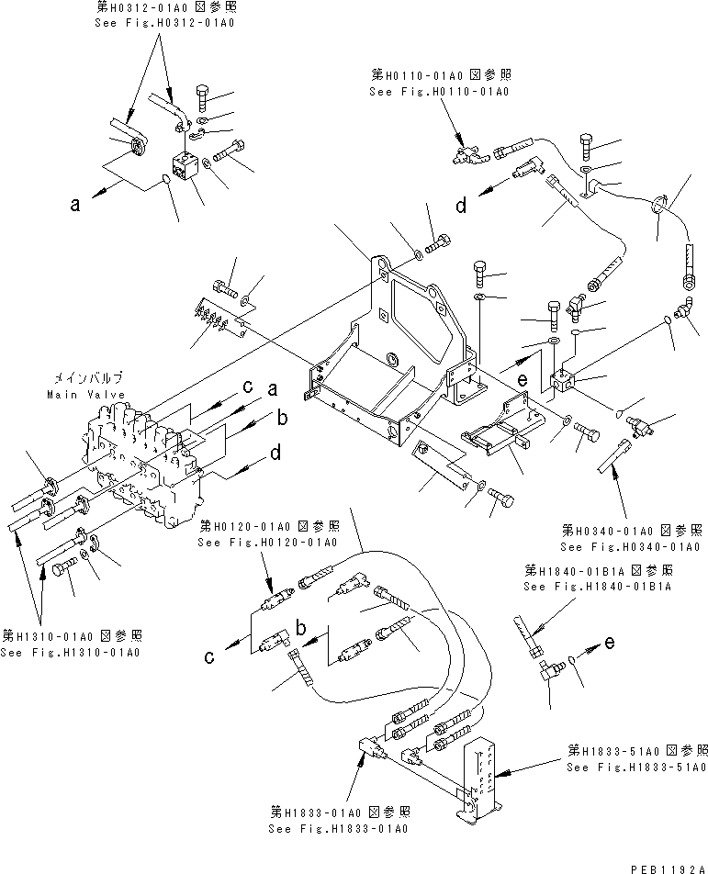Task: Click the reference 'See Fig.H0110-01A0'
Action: [x=438, y=92]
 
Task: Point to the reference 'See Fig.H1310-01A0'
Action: [x=70, y=653]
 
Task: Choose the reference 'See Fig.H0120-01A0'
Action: [x=267, y=543]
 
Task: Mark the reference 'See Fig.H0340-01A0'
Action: [x=633, y=546]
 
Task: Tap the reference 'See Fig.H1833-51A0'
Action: [x=635, y=768]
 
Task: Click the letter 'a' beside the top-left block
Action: [x=76, y=206]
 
